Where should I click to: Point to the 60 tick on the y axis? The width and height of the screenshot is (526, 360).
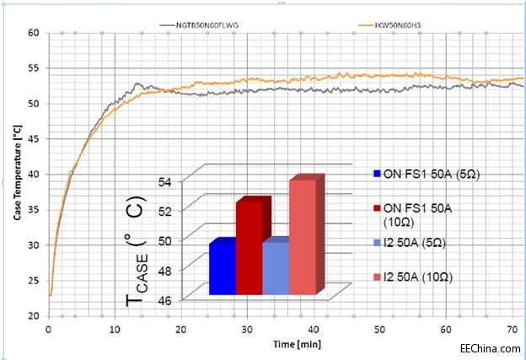34,33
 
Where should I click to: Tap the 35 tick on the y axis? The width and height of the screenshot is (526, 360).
34,209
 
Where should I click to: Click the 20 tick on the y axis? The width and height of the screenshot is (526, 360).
34,315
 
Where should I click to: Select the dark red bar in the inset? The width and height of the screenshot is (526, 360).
250,248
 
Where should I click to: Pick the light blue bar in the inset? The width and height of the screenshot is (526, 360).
276,268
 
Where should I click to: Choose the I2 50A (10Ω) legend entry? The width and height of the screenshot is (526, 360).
429,277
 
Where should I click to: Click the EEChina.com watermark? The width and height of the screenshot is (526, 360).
489,347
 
